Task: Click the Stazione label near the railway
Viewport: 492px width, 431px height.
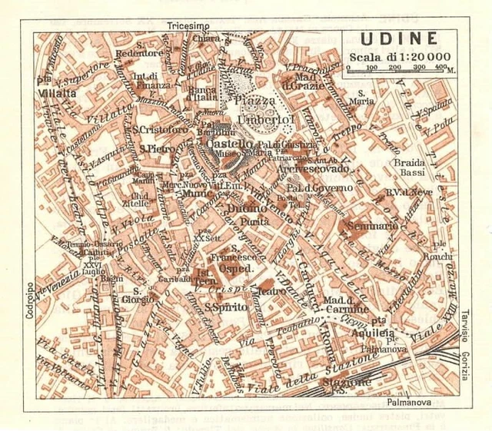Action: point(345,382)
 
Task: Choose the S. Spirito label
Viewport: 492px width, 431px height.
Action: point(204,307)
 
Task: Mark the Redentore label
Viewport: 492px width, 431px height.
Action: point(139,53)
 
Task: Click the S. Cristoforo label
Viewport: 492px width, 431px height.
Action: point(159,130)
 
